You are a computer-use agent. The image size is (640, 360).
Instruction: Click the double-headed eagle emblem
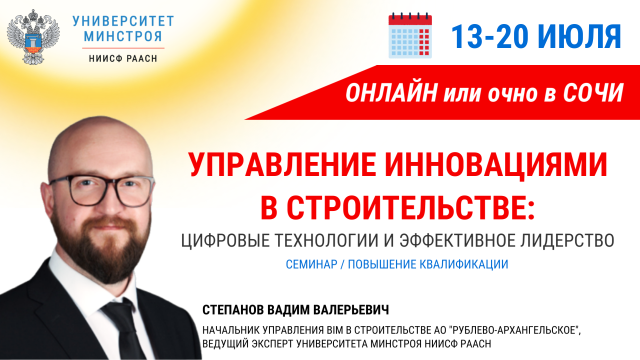pyautogui.click(x=33, y=36)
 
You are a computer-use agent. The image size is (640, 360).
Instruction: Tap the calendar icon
pyautogui.click(x=410, y=35)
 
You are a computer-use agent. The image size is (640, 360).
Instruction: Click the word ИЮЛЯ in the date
pyautogui.click(x=580, y=36)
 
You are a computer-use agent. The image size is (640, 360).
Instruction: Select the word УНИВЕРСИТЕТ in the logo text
pyautogui.click(x=123, y=21)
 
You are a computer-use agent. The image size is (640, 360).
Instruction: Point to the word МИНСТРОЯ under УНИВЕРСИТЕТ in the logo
pyautogui.click(x=123, y=36)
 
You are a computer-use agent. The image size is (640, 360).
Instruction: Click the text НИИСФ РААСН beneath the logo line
pyautogui.click(x=123, y=58)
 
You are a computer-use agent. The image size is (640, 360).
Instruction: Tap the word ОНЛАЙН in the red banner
pyautogui.click(x=391, y=92)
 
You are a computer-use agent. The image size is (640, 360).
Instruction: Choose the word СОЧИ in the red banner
pyautogui.click(x=593, y=92)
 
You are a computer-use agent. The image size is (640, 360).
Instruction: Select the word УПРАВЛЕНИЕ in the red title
pyautogui.click(x=282, y=164)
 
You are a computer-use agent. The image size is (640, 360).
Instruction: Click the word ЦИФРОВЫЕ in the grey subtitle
pyautogui.click(x=225, y=240)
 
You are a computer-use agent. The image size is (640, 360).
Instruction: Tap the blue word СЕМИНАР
pyautogui.click(x=311, y=264)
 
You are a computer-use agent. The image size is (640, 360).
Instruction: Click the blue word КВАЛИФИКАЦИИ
pyautogui.click(x=463, y=264)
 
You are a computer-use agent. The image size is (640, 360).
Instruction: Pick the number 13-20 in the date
pyautogui.click(x=489, y=36)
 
